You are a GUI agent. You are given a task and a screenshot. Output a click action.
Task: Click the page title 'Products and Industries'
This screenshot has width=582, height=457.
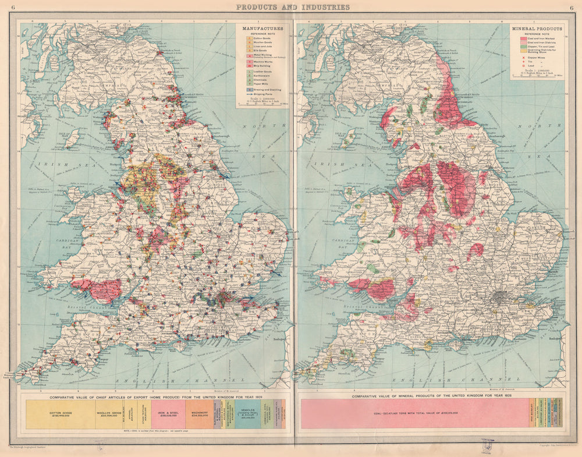292,7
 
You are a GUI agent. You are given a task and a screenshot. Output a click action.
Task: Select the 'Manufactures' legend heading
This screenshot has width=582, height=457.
264,28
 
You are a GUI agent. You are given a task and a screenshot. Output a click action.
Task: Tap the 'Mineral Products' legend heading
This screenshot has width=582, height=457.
537,28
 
